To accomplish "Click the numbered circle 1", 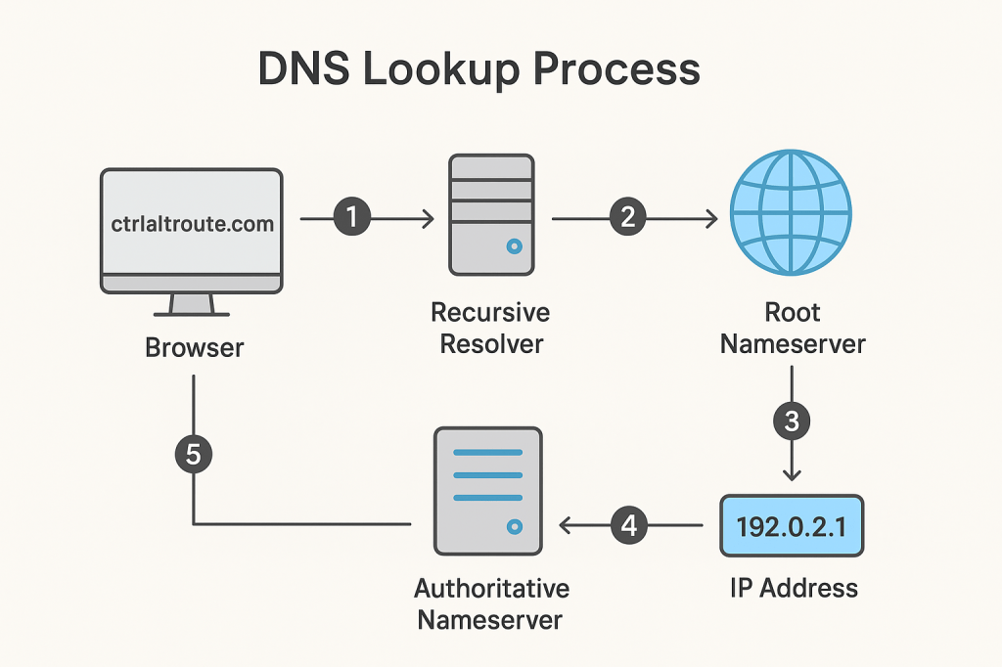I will [x=351, y=218].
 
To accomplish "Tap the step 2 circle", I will [x=628, y=218].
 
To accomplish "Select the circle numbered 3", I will [x=792, y=422].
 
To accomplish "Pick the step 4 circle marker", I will [x=629, y=525].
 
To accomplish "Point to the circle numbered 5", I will [x=193, y=454].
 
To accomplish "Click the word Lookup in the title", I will [x=428, y=71].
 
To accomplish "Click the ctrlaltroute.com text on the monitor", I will [x=191, y=224].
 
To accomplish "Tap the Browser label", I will [x=194, y=347].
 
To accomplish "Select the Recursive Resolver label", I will [x=490, y=329].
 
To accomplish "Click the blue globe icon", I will [x=792, y=216].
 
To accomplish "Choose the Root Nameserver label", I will [x=793, y=329].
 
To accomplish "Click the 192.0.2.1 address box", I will [x=792, y=526].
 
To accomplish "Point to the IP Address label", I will [x=793, y=588].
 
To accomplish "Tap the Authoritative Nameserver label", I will [x=491, y=604].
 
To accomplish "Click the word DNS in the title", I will [x=300, y=71].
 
